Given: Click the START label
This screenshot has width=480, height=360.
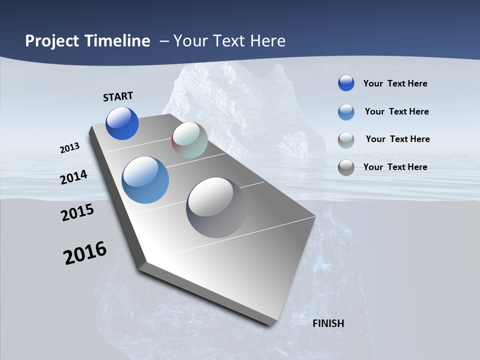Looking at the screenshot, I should [118, 96].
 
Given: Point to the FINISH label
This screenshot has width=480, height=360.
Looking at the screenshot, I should [328, 323].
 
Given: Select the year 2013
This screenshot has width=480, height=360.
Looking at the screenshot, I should [70, 148].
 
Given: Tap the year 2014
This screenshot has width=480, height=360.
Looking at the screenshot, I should [74, 177].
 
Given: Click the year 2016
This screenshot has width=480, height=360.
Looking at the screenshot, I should [85, 253].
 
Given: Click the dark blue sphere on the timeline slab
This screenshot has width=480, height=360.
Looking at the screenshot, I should [122, 123].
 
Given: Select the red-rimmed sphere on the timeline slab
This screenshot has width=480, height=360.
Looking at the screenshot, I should [189, 140].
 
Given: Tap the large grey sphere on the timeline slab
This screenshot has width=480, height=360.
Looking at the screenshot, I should [216, 207].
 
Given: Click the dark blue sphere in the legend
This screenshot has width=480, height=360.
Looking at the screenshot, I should [346, 83].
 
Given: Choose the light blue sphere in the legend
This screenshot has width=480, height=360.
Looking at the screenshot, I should [346, 112].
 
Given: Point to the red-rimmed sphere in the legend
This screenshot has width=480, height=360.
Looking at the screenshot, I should [346, 140].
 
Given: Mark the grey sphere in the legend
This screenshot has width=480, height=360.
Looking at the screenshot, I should [346, 167].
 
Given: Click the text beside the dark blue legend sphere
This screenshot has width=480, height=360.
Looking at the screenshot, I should [395, 83].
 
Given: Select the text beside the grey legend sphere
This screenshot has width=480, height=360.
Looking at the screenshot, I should [395, 167].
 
